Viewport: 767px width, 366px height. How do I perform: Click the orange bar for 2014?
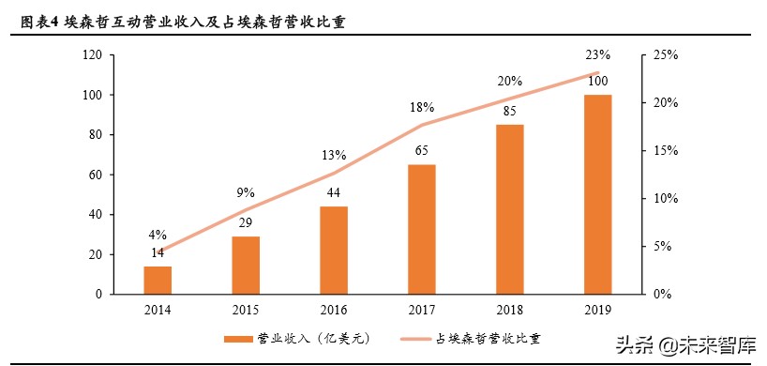(x=158, y=280)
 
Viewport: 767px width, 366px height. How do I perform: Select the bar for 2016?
(x=333, y=250)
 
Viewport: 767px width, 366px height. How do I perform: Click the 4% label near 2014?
(x=157, y=235)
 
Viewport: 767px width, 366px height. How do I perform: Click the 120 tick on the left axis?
(x=92, y=55)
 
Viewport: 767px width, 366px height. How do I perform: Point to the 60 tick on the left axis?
(x=96, y=175)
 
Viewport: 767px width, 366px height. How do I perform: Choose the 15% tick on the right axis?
(x=663, y=151)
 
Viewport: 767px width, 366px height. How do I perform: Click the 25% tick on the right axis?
(x=663, y=55)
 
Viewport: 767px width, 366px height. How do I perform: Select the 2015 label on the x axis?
(x=245, y=311)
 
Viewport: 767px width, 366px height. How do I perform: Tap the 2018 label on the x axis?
(x=508, y=311)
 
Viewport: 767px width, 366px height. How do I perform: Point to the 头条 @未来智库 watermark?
(x=684, y=343)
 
